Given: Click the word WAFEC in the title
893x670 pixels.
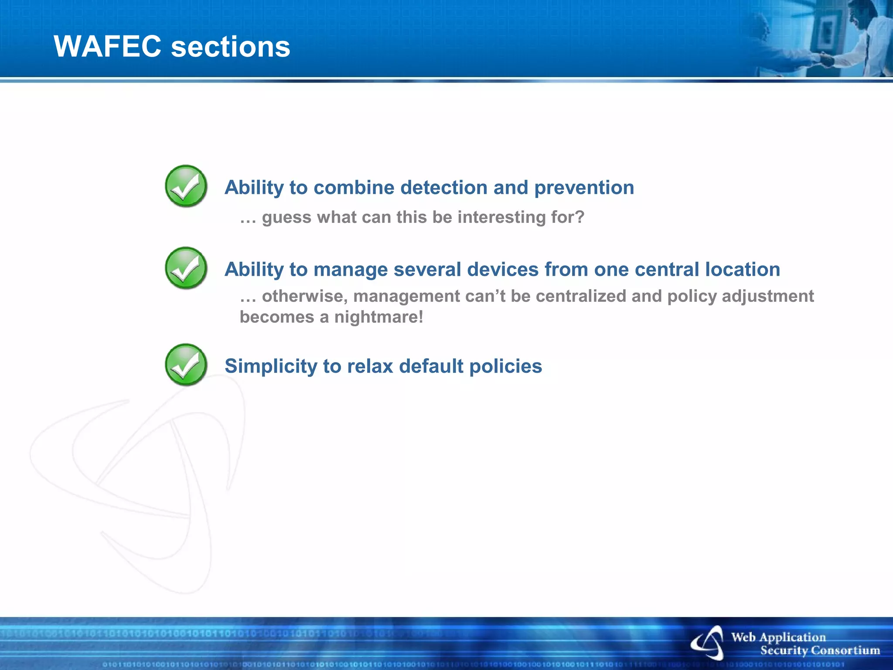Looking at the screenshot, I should point(107,46).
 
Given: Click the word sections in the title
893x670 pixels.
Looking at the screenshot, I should point(231,47).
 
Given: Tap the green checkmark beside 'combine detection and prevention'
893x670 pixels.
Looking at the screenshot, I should point(186,186).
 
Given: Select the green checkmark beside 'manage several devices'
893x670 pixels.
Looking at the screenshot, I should point(186,268).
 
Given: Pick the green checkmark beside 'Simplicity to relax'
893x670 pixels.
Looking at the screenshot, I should point(186,365).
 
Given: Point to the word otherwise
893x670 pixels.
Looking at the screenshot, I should point(304,296).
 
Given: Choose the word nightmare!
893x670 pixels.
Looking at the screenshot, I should point(378,317).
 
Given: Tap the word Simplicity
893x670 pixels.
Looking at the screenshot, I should point(271,366).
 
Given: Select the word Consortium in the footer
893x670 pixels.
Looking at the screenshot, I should point(845,650).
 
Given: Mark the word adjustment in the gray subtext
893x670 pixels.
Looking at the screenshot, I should point(768,297).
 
